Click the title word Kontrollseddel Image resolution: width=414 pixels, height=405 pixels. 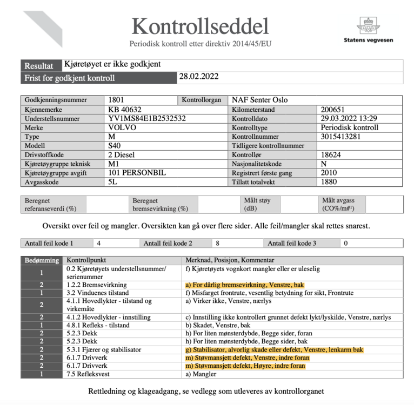(201, 25)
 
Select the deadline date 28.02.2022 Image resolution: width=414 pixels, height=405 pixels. (198, 77)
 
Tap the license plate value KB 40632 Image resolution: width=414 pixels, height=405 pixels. (125, 109)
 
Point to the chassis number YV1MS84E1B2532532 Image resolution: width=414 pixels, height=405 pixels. (147, 118)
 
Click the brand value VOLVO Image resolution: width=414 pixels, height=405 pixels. (123, 127)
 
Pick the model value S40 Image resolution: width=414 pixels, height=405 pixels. (115, 146)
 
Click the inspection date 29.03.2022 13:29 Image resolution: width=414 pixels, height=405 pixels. (349, 118)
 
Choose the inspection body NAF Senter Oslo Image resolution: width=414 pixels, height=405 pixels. (259, 100)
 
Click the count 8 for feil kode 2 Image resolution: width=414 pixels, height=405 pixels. (217, 243)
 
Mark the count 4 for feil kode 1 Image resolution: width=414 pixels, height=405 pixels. (98, 243)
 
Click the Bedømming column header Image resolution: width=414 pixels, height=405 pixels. (42, 260)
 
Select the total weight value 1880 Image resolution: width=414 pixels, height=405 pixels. (329, 183)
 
